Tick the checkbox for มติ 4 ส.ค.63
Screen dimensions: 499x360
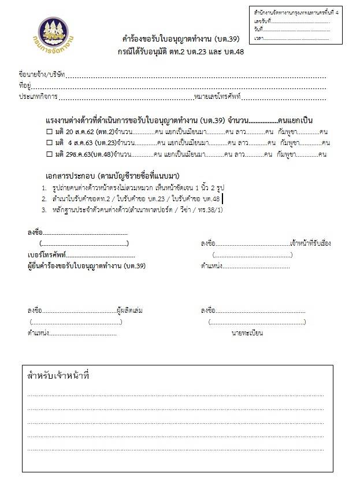point(49,143)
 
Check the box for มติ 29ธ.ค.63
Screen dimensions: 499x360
point(49,154)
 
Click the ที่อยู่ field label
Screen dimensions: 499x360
point(25,86)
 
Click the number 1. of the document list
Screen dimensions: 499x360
point(44,188)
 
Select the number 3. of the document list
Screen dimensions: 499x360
point(44,209)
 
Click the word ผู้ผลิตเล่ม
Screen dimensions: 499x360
point(130,311)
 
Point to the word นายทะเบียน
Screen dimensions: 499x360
point(247,333)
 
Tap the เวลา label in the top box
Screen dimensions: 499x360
point(258,38)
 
